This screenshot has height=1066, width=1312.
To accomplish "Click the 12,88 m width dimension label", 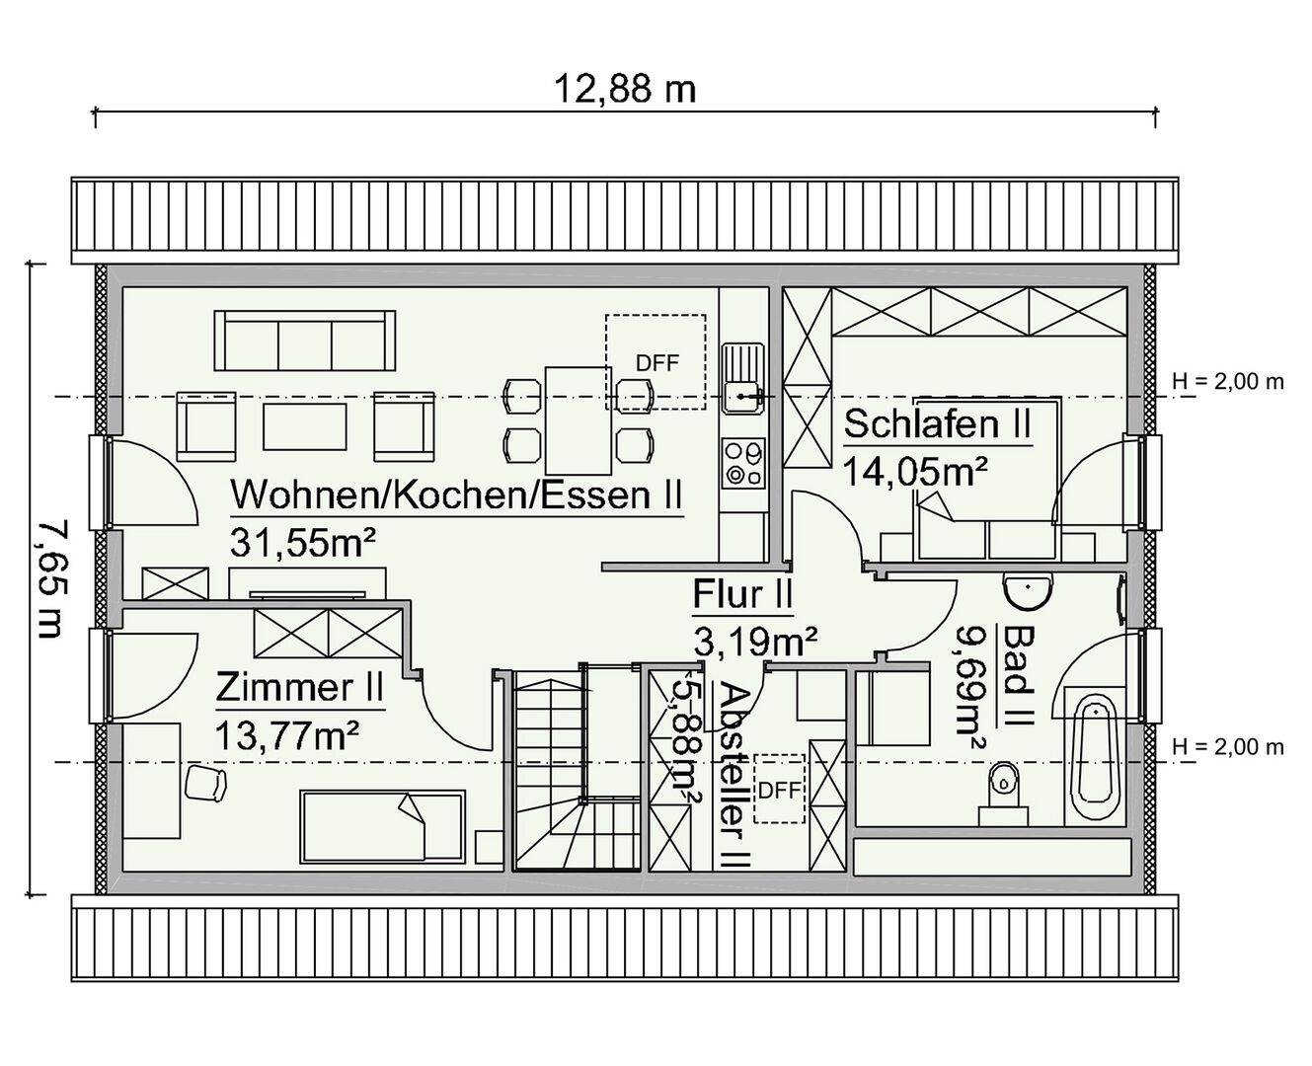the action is tap(625, 89).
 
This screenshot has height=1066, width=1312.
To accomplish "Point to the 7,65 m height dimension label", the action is tap(53, 578).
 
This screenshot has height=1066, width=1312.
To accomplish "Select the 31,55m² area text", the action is tap(302, 542).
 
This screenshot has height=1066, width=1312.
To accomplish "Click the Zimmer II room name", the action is tap(299, 688).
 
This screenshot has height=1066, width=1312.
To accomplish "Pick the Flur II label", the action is tap(742, 594).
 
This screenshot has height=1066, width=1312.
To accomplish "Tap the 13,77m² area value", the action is tap(287, 735).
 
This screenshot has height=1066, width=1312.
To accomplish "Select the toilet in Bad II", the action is tap(1003, 794).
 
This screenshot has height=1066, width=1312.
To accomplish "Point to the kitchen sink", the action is tap(743, 378).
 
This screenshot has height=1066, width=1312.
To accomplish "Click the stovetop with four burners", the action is tap(743, 463).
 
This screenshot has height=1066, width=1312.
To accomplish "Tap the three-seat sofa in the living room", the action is tap(305, 341).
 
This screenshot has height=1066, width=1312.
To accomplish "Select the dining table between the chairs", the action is tap(579, 420).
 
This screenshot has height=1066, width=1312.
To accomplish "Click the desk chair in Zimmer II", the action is tap(206, 784).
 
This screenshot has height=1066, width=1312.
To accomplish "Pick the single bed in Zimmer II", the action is tap(382, 826).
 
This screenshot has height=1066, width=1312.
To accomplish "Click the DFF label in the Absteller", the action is tap(780, 791).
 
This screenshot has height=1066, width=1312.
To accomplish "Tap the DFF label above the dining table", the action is tap(657, 363).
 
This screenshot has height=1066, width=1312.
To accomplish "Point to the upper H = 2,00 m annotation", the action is tap(1228, 382).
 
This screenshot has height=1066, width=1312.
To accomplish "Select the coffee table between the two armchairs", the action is tap(305, 426).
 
